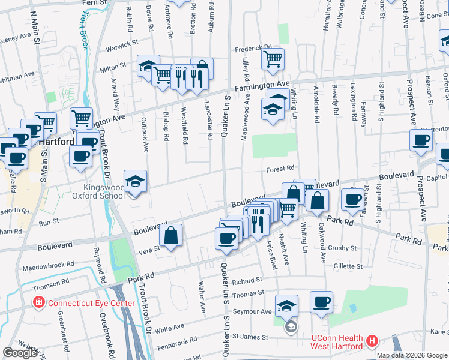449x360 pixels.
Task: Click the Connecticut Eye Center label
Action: click(91, 303)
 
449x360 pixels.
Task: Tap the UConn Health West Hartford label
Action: click(336, 342)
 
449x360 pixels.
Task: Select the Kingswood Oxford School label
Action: click(98, 191)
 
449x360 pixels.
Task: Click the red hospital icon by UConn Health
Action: click(372, 341)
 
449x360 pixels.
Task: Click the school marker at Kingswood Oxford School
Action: click(135, 182)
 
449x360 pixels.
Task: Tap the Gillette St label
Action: click(348, 266)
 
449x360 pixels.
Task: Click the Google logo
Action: click(20, 353)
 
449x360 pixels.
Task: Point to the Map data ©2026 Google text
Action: click(411, 355)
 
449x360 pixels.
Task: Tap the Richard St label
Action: click(248, 280)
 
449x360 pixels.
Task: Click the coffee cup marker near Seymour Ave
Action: click(321, 302)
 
